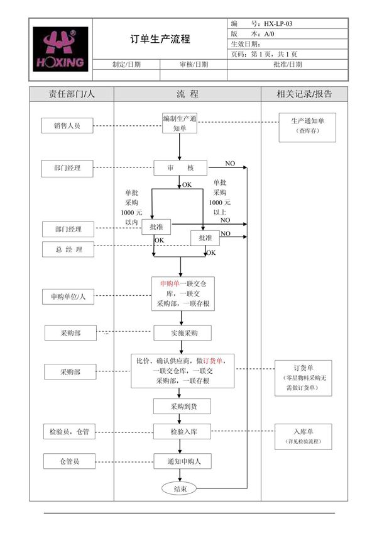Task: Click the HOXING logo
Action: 60,49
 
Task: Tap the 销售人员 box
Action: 67,126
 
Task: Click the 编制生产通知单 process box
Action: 179,123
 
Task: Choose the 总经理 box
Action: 68,250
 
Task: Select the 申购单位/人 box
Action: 68,296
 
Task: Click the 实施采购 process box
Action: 182,332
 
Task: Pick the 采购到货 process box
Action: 182,406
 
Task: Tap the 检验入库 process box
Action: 182,432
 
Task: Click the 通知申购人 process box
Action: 182,461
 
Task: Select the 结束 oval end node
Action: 179,488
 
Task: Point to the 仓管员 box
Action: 69,461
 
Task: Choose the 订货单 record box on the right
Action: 303,378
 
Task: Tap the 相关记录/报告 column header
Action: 304,94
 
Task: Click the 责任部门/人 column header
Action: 71,94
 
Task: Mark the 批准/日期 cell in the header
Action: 288,64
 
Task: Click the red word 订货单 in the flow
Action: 214,361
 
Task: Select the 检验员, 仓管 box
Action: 69,432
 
